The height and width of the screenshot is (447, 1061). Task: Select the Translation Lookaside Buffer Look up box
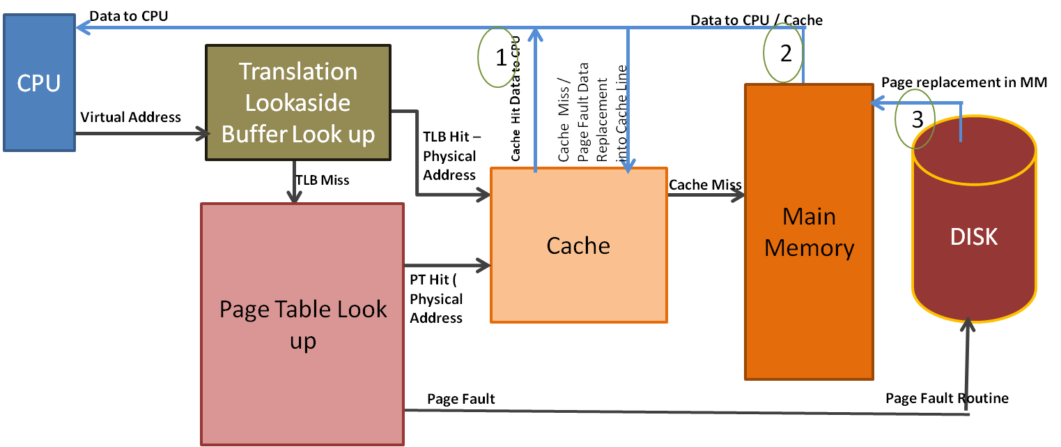(298, 103)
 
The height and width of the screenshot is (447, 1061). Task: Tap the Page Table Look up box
(302, 324)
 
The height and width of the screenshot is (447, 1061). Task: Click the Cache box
(578, 245)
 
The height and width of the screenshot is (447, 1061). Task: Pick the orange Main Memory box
(809, 232)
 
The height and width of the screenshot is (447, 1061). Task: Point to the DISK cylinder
(974, 237)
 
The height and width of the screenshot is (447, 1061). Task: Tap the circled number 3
(914, 119)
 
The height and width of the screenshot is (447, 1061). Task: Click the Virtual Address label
(131, 117)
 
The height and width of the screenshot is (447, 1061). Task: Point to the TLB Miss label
(322, 180)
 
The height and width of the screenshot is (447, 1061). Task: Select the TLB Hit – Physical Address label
(450, 156)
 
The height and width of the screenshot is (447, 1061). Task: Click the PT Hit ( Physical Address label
(436, 299)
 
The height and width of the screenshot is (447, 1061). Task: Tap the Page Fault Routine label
(947, 398)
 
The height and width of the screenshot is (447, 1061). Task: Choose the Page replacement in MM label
(964, 82)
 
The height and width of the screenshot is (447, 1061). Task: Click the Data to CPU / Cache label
(757, 20)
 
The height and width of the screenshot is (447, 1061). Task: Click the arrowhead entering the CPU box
(82, 28)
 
